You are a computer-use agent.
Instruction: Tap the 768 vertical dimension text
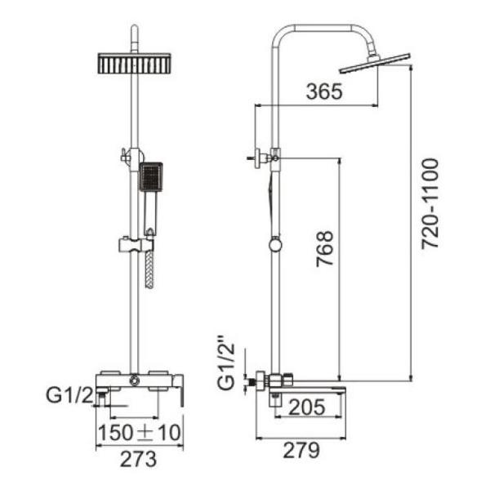click(x=324, y=249)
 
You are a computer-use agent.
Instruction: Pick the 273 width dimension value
click(x=140, y=459)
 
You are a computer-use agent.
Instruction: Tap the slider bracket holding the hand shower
click(x=136, y=243)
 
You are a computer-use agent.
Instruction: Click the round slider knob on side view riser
click(x=276, y=244)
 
